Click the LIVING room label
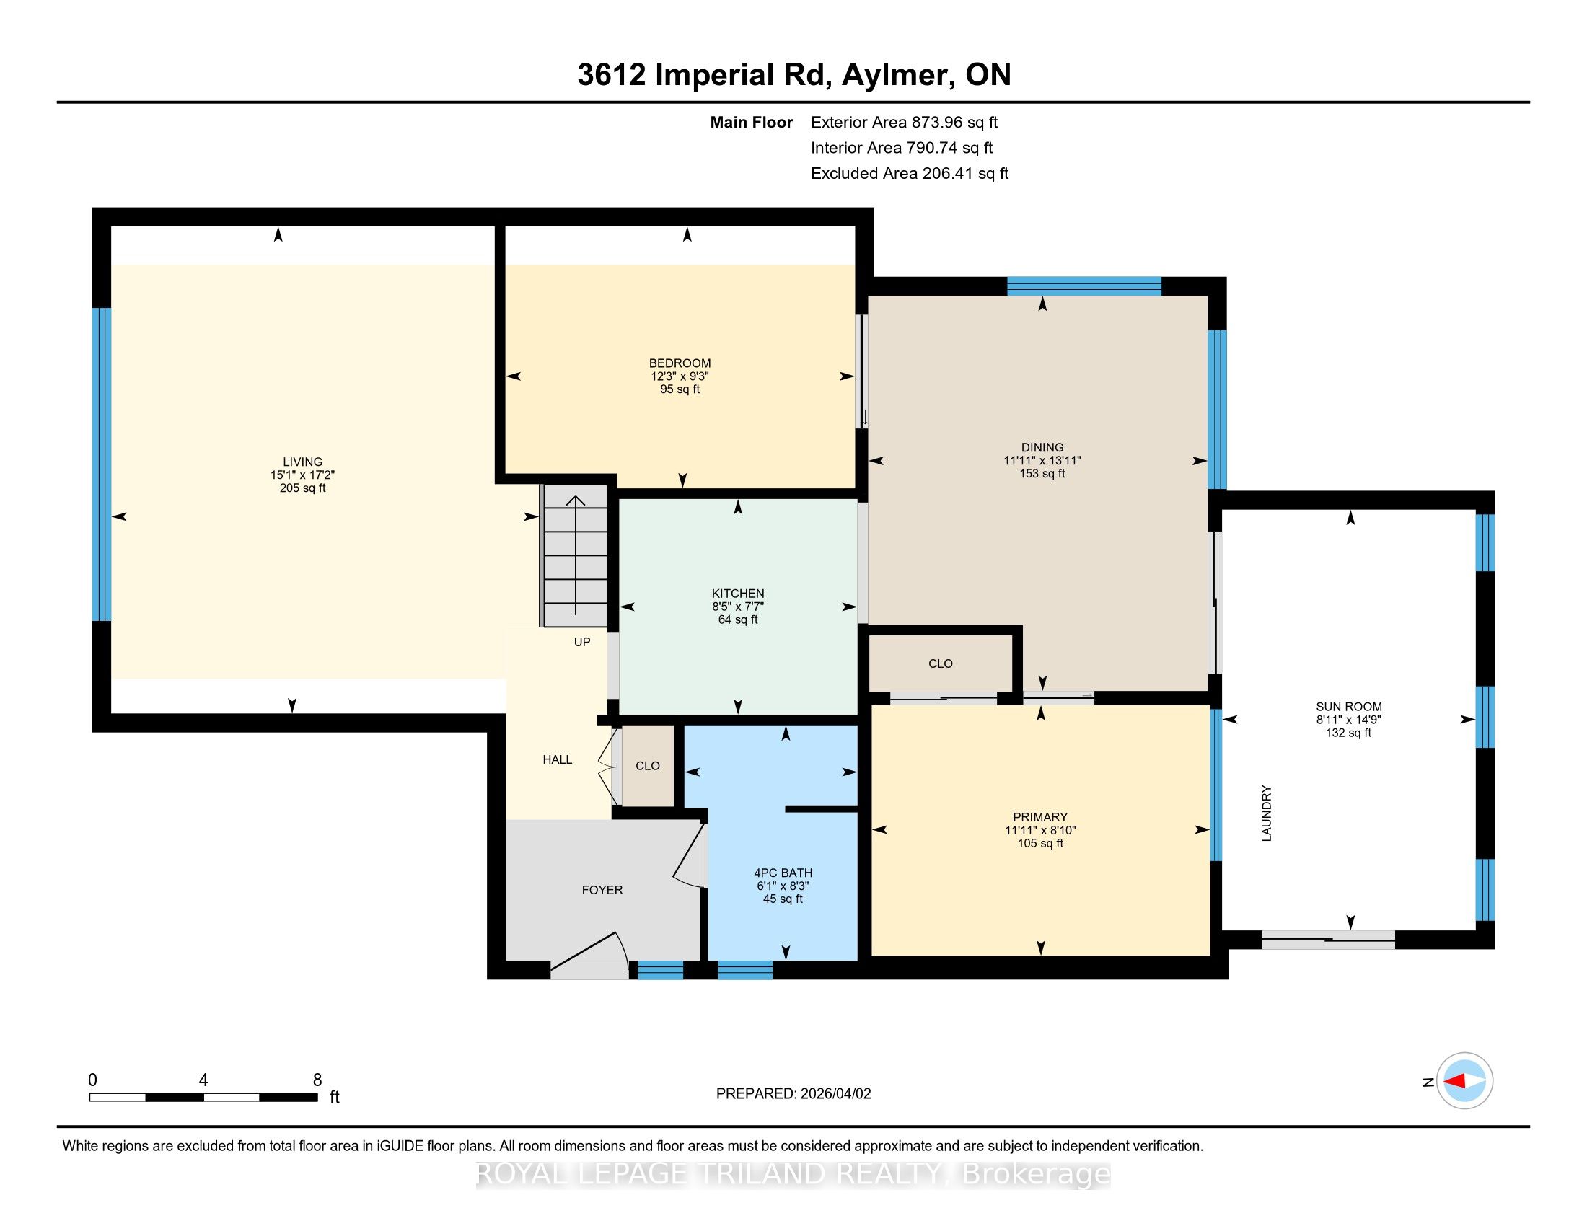pos(302,462)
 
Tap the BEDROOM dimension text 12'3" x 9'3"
pos(680,376)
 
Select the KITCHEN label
pos(737,594)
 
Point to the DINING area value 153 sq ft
pos(1042,474)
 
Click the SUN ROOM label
pos(1349,707)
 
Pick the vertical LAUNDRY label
pos(1267,813)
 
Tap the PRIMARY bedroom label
pos(1039,817)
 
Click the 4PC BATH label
pos(783,873)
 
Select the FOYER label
pos(602,890)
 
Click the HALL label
pos(558,759)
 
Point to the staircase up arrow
pos(576,555)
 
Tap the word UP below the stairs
pos(582,642)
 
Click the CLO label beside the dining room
pos(940,663)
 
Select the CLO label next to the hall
pos(648,766)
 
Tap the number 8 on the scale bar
pos(317,1080)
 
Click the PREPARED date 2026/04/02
pos(835,1094)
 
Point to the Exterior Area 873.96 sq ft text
pos(905,123)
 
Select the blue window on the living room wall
pos(102,465)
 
